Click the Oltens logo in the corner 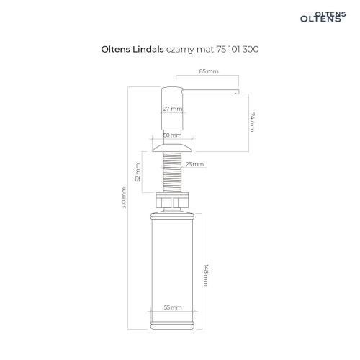pyautogui.click(x=323, y=17)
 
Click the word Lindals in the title pyautogui.click(x=148, y=49)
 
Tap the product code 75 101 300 pyautogui.click(x=238, y=49)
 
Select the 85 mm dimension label pyautogui.click(x=209, y=71)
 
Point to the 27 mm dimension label pyautogui.click(x=173, y=109)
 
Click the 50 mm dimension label pyautogui.click(x=172, y=135)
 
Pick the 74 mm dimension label pyautogui.click(x=252, y=122)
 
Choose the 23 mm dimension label pyautogui.click(x=194, y=164)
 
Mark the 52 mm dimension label pyautogui.click(x=138, y=172)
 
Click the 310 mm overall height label pyautogui.click(x=124, y=198)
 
